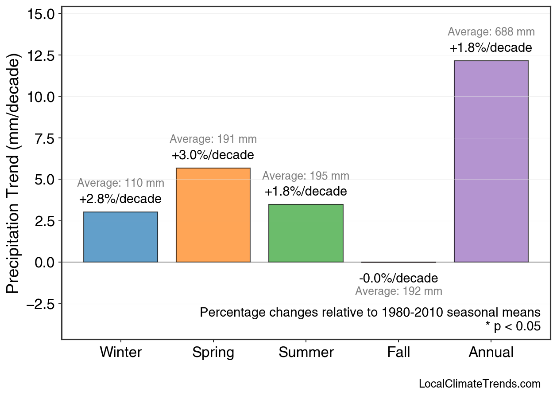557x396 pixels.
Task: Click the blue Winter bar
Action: pos(120,237)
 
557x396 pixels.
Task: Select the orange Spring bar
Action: pos(213,215)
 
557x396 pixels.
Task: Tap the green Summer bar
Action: pos(306,233)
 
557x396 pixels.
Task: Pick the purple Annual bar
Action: pos(491,161)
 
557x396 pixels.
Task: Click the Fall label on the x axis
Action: pos(398,353)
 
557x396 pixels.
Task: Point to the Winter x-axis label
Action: pos(120,353)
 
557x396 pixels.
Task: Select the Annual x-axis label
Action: pos(491,353)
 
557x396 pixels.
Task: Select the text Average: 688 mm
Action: pos(491,32)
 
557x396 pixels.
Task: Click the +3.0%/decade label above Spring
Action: pos(213,156)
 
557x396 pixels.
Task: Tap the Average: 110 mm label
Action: pos(120,183)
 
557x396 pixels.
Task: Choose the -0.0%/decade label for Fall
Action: pos(398,278)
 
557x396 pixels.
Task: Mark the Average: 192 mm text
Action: pos(398,291)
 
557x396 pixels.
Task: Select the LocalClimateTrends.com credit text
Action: pos(480,384)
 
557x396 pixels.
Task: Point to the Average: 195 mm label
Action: pos(306,176)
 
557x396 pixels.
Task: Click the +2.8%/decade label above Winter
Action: pos(120,199)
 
